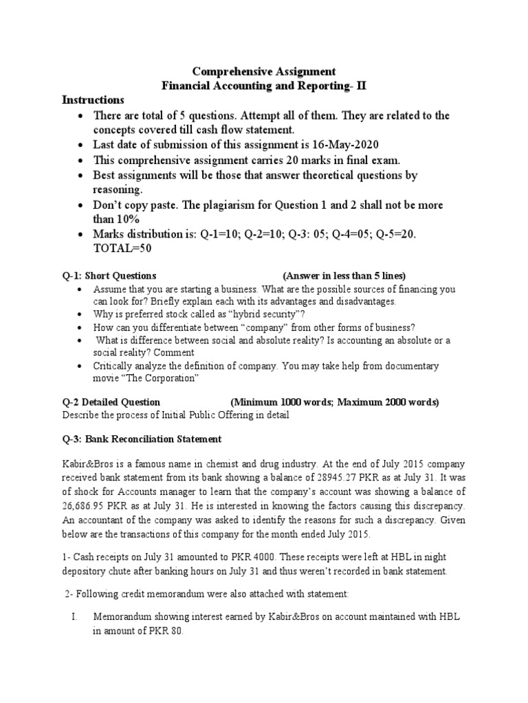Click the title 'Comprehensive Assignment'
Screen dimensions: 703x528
[264, 71]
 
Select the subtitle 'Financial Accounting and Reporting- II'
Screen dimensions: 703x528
[264, 86]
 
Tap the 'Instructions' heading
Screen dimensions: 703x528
[93, 100]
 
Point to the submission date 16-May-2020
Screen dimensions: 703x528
[344, 145]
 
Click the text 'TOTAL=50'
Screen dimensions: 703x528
[122, 249]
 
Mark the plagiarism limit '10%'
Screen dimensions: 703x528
[128, 219]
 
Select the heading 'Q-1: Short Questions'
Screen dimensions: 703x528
[109, 276]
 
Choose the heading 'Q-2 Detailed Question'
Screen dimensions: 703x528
[111, 402]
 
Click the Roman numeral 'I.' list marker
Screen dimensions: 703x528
[75, 618]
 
